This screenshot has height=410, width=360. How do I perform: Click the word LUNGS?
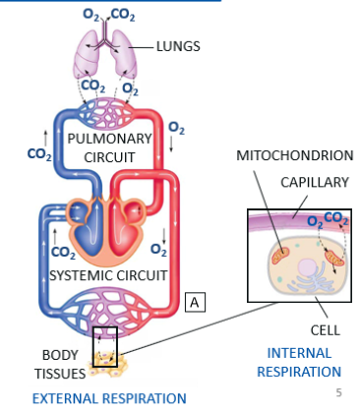click(178, 46)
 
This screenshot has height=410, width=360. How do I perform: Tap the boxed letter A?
click(195, 302)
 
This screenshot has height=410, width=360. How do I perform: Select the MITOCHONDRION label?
click(295, 155)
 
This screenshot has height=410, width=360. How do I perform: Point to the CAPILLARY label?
click(315, 182)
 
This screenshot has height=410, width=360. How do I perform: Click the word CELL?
click(326, 330)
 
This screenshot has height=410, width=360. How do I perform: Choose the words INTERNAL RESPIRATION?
click(299, 363)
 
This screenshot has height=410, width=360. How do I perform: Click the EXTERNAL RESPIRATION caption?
click(109, 398)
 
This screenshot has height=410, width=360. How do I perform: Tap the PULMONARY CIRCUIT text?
click(109, 148)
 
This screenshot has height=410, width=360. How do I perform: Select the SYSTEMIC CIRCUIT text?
click(108, 275)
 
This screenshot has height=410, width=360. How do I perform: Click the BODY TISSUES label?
click(60, 365)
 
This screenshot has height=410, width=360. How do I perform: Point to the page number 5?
click(339, 392)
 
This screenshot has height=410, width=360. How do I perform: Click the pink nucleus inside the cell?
click(307, 267)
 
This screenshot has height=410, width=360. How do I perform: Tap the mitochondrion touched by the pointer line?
click(281, 256)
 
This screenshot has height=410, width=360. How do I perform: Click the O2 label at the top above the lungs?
click(90, 15)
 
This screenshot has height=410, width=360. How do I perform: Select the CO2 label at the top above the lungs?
click(123, 15)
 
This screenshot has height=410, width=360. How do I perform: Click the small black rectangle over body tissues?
click(105, 347)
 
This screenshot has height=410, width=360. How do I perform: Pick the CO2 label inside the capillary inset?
click(336, 218)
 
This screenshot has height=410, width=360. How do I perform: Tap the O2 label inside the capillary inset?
click(315, 222)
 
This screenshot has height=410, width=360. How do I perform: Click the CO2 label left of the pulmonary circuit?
click(39, 154)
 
